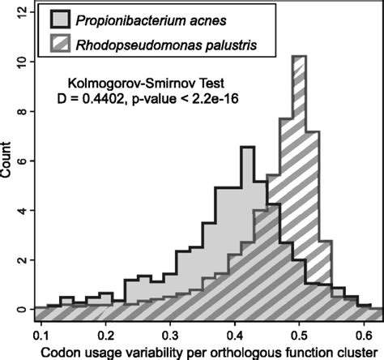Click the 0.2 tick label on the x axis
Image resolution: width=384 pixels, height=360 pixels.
pyautogui.click(x=105, y=333)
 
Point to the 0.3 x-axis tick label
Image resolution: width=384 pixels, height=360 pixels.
pyautogui.click(x=170, y=333)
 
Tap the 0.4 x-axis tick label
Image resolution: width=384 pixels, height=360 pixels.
pyautogui.click(x=235, y=333)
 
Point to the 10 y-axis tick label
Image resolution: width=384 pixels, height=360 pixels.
pyautogui.click(x=17, y=62)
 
